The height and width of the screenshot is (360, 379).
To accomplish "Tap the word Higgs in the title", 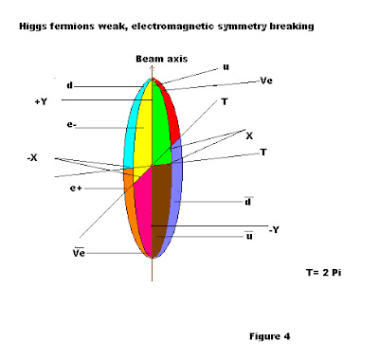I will coord(35,25).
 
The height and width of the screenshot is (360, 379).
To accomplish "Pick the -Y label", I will coord(276,229).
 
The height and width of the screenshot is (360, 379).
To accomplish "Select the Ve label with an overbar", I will coord(81,253).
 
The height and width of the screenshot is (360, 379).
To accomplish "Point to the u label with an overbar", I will coord(248,236).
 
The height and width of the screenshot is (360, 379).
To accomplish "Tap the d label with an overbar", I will coord(248,201).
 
